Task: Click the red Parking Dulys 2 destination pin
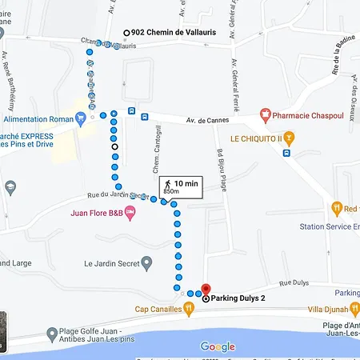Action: click(x=205, y=290)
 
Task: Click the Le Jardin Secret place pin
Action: click(x=146, y=262)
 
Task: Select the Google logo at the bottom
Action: click(x=218, y=346)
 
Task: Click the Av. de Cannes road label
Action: click(x=204, y=121)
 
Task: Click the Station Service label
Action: click(x=328, y=226)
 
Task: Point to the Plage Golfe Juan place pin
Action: click(x=51, y=333)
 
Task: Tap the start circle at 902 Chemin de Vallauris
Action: click(x=126, y=32)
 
